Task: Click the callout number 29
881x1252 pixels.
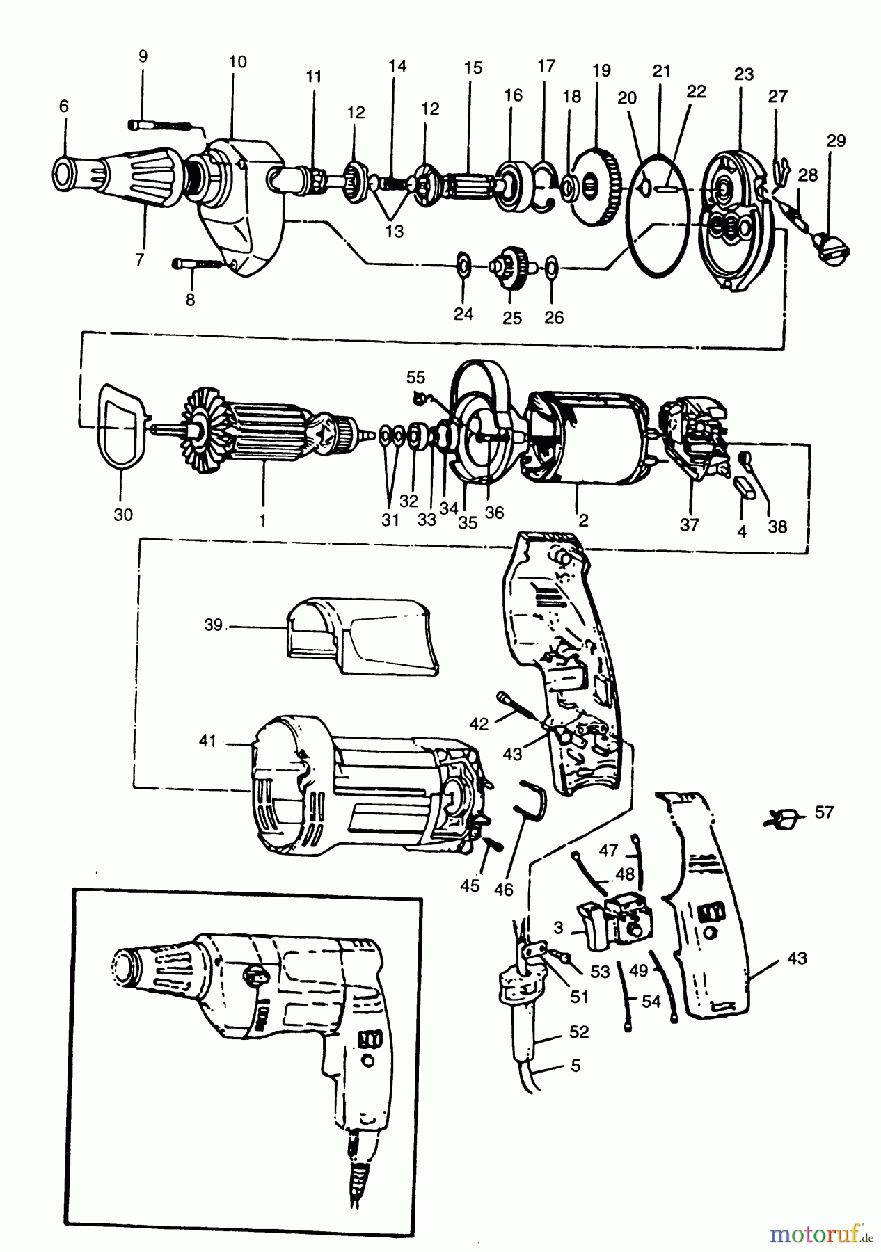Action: (x=836, y=141)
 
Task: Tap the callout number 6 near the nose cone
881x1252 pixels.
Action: (x=64, y=106)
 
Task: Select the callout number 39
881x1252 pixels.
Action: (x=214, y=625)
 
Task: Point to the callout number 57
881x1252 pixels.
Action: (x=824, y=812)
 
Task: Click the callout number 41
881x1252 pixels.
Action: (x=208, y=741)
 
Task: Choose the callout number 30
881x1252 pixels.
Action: (x=123, y=514)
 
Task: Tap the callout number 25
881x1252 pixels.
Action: (x=512, y=317)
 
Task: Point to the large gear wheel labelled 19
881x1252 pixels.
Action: (x=596, y=184)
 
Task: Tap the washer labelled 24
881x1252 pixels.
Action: (x=463, y=264)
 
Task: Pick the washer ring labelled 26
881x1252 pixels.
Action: (x=550, y=266)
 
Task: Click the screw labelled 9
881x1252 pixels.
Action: (x=160, y=125)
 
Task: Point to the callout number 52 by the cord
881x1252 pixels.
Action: (x=579, y=1032)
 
